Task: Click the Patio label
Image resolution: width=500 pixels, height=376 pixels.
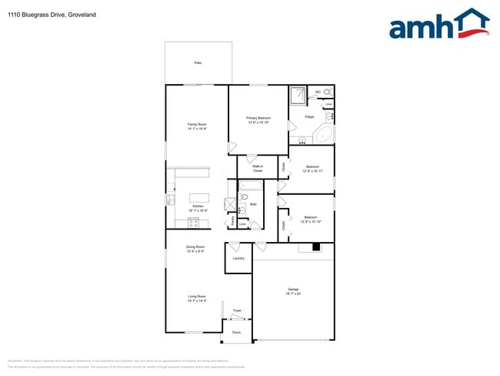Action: tap(198, 62)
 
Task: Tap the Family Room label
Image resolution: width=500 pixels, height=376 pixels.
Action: tap(197, 126)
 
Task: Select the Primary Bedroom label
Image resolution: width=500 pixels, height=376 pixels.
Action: tap(258, 119)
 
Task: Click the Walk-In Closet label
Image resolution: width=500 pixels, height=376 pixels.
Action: tap(258, 168)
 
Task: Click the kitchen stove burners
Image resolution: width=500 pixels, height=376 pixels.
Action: tap(194, 223)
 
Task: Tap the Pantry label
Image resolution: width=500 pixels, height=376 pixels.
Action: tap(232, 220)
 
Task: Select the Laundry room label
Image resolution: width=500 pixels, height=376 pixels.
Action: tap(238, 258)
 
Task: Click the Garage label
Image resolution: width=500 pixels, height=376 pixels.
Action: tap(294, 290)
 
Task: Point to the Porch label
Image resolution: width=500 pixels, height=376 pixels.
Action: tap(237, 333)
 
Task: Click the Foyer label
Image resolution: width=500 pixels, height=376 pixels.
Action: tap(238, 311)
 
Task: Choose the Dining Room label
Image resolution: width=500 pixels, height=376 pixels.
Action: tap(195, 248)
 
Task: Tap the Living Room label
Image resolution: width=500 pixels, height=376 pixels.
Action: tap(197, 298)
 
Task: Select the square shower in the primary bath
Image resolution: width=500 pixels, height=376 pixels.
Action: tap(298, 96)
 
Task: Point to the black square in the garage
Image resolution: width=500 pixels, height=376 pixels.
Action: tap(315, 247)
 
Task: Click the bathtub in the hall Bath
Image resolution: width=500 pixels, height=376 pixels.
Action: tap(251, 186)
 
